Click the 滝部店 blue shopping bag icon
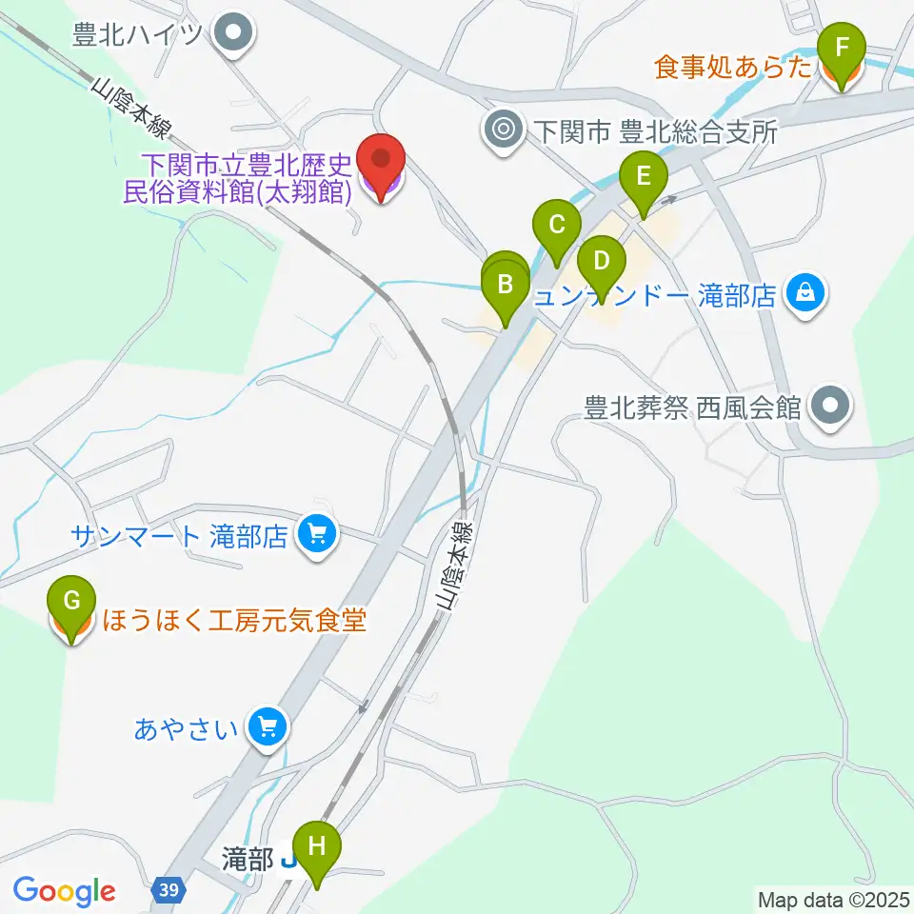(x=805, y=293)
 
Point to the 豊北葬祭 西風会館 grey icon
(x=829, y=407)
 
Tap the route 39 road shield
(x=168, y=889)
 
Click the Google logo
(x=64, y=891)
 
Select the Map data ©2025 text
(x=831, y=899)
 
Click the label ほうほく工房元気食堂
(x=232, y=622)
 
